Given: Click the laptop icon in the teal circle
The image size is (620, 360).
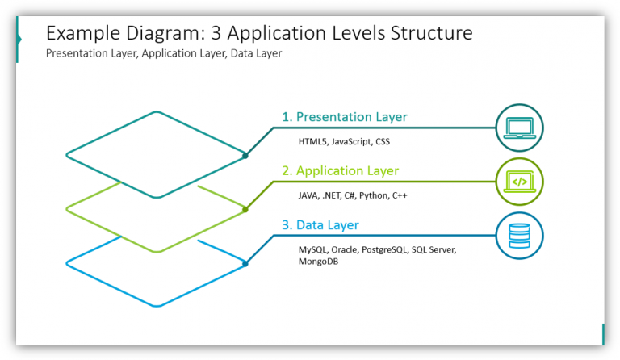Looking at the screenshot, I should click(519, 128).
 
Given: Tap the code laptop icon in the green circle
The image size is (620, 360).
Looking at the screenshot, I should click(519, 182).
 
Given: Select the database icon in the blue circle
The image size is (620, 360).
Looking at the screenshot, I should click(519, 236).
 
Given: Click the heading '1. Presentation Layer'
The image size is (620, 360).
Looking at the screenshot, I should click(344, 117).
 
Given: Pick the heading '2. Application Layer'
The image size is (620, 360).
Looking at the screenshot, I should click(340, 171).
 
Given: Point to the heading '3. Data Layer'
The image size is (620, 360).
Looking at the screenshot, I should click(320, 225).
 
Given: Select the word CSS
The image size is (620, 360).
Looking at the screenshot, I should click(382, 142).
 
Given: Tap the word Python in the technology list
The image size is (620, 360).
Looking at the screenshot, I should click(375, 196).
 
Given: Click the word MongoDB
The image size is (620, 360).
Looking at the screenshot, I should click(319, 262).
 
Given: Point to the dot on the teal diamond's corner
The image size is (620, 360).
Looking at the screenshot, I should click(245, 155).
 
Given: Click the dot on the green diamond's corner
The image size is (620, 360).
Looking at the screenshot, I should click(245, 209).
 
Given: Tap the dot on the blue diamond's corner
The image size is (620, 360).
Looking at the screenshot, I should click(245, 263).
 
